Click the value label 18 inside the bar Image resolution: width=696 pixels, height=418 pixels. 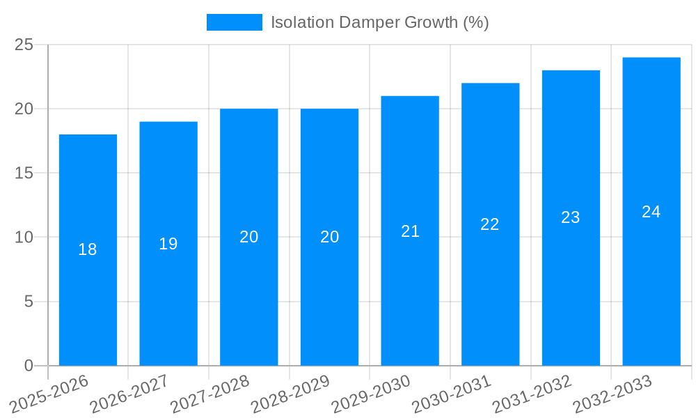point(88,249)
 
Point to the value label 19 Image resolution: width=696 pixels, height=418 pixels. point(168,244)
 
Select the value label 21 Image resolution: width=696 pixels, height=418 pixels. point(411,231)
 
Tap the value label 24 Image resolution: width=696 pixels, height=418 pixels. point(651,212)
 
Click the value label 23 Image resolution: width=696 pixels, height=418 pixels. point(571,217)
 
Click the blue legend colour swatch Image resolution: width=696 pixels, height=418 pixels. point(235,22)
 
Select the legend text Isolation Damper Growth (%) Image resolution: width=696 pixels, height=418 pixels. point(380,22)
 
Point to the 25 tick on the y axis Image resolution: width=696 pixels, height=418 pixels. point(24,45)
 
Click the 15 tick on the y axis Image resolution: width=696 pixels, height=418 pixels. point(24,173)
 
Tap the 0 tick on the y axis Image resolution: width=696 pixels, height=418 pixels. point(29,366)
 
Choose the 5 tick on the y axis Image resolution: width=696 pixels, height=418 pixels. point(29,302)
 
